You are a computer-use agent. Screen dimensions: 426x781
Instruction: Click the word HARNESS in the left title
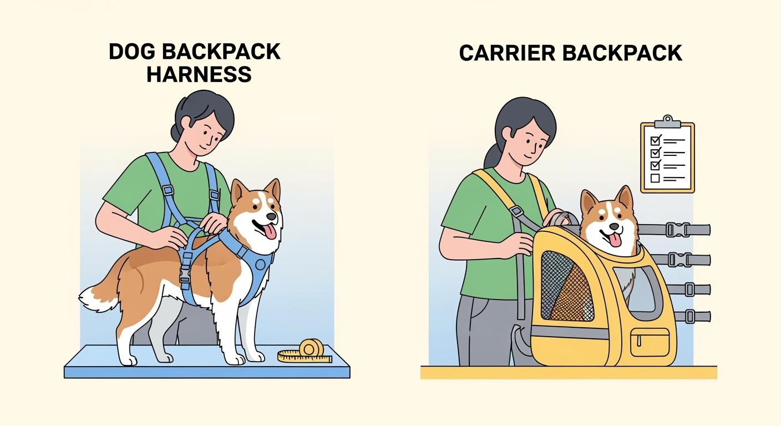pos(199,73)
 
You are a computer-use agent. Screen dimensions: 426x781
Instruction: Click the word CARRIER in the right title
pos(508,53)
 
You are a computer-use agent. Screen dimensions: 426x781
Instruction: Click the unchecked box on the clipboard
pos(655,178)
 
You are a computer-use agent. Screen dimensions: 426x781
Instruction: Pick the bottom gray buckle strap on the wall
pos(688,317)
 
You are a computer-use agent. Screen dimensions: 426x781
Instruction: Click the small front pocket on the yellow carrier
pos(650,342)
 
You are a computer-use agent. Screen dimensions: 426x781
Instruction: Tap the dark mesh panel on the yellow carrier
pos(566,286)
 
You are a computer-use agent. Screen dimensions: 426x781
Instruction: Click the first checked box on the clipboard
pos(655,139)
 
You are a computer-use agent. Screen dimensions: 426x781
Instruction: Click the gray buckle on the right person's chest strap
pos(515,211)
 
